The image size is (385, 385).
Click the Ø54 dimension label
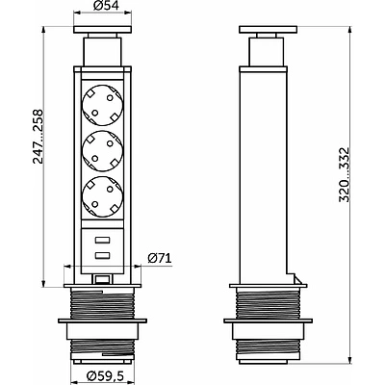pos(102,7)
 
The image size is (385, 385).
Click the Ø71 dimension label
pos(160,258)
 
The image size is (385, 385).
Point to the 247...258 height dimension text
pos(38,137)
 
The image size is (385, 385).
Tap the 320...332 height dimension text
pos(344,175)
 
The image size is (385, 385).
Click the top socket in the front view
pos(102,105)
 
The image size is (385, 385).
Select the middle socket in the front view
pos(102,151)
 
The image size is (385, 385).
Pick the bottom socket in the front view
pos(102,196)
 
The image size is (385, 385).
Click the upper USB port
pos(102,240)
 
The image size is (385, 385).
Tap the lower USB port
pos(102,255)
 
